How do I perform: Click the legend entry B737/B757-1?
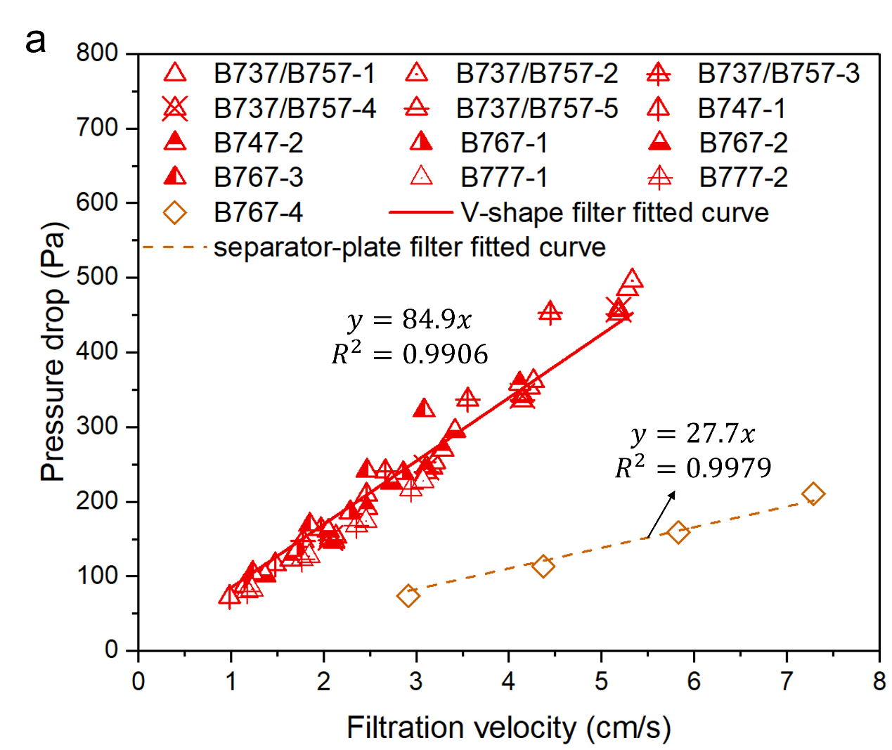[x=294, y=73]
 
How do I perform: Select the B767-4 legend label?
[x=258, y=212]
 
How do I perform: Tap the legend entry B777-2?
[x=743, y=178]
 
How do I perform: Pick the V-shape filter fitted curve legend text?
[x=614, y=212]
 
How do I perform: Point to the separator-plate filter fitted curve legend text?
[x=410, y=247]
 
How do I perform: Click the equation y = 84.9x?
[x=410, y=320]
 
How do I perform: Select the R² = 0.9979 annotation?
[x=693, y=467]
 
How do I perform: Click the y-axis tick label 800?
[x=98, y=53]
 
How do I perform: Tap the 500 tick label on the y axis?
[x=98, y=277]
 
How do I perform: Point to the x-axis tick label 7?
[x=787, y=681]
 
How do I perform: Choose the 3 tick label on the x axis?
[x=416, y=681]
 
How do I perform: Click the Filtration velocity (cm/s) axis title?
[x=508, y=728]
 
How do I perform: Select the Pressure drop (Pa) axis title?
[x=53, y=351]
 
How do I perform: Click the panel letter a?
[x=35, y=42]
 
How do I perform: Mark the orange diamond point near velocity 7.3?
[x=813, y=494]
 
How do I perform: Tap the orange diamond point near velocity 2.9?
[x=408, y=596]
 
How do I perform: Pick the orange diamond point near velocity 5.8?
[x=678, y=532]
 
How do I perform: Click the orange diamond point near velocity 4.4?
[x=543, y=566]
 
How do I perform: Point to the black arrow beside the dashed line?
[x=661, y=514]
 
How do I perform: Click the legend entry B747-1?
[x=741, y=108]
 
